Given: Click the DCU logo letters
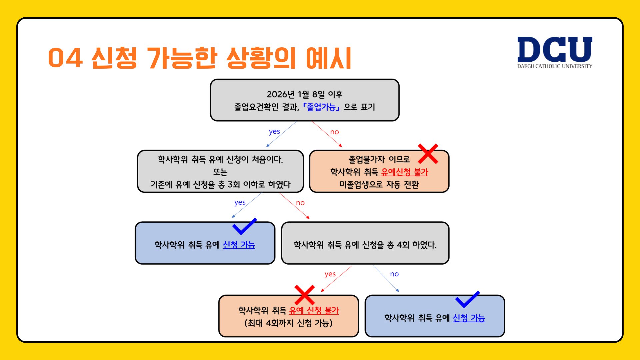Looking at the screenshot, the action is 555,49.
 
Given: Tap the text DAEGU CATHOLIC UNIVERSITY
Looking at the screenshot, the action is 555,66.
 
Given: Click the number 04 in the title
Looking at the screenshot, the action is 65,58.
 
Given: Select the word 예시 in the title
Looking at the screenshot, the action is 329,58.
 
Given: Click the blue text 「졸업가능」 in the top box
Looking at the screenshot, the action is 321,107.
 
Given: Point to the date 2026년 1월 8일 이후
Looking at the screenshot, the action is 305,94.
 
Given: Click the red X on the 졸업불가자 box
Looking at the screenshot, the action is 428,154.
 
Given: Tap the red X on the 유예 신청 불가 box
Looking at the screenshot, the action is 305,295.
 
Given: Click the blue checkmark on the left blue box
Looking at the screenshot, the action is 245,226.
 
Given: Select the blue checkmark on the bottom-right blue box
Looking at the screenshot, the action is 468,299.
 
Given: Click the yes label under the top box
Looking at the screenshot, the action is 274,132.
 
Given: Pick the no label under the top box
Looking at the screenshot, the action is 334,132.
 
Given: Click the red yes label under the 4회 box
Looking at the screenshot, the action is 330,274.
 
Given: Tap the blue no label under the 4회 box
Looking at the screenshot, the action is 394,274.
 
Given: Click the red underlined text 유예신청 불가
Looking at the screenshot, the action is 404,172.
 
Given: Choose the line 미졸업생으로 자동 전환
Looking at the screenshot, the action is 379,185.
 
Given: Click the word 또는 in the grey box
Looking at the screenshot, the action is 220,172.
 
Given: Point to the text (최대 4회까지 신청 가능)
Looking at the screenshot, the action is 288,323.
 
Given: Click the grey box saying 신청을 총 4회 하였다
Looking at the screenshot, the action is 365,243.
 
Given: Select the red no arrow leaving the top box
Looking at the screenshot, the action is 327,134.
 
